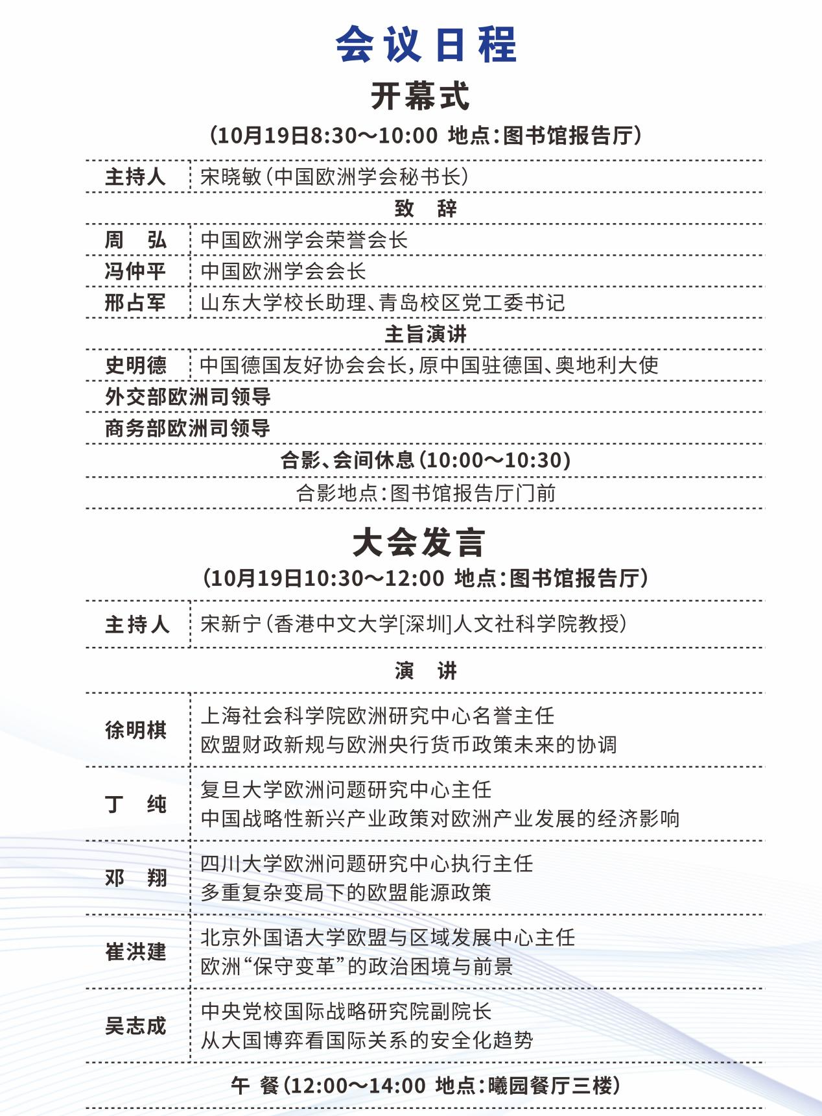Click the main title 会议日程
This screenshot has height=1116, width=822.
click(x=426, y=45)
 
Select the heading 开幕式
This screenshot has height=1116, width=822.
click(x=420, y=97)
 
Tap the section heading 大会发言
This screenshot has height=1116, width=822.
click(x=419, y=542)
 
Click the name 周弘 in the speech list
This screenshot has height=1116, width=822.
click(x=135, y=240)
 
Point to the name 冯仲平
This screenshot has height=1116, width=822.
click(x=135, y=271)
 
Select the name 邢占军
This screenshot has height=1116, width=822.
click(x=135, y=302)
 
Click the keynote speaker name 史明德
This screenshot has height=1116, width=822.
click(x=135, y=365)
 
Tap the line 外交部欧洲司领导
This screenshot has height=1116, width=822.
click(x=188, y=396)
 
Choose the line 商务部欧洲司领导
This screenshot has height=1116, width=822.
click(x=188, y=428)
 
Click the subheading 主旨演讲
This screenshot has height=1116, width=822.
click(x=425, y=334)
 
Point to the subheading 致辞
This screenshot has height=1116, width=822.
click(x=425, y=208)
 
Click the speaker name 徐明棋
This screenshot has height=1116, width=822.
click(x=135, y=730)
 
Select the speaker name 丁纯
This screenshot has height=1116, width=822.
click(x=135, y=805)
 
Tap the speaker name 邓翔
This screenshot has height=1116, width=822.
click(x=135, y=878)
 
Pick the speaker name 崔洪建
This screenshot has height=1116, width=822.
click(x=135, y=952)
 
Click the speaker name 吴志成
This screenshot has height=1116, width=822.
click(x=135, y=1026)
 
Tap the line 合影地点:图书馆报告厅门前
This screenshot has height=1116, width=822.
click(x=426, y=493)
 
